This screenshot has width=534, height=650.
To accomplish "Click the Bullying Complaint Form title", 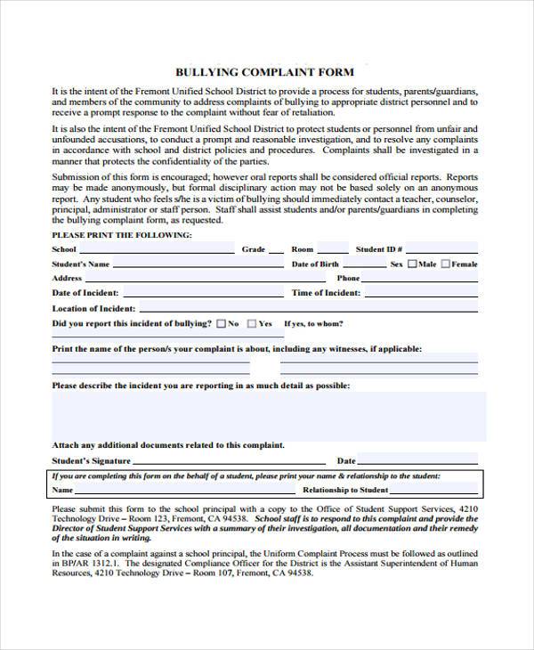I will point(264,72).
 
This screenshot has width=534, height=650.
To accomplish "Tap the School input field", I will point(157,249).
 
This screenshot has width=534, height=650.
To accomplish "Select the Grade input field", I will point(276,249).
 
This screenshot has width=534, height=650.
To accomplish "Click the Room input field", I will point(333,249).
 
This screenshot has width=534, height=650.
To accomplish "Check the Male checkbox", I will point(412,264).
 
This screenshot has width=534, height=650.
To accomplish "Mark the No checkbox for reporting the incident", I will point(221,323).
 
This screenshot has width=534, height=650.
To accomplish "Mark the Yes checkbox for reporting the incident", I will point(253,323).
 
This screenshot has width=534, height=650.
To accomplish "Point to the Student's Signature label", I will point(91,460).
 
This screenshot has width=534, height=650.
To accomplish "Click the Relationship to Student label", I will point(345,490).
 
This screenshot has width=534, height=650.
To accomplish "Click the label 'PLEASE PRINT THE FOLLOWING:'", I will point(122,235).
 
